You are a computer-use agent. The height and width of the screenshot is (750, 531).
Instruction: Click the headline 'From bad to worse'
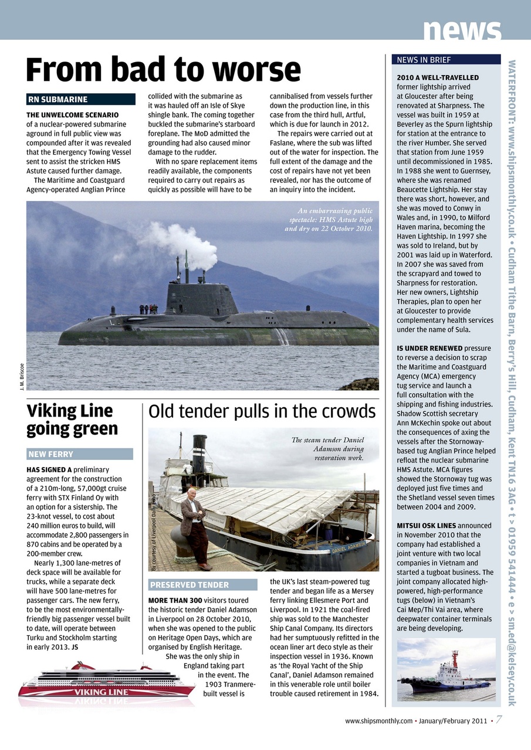point(163,70)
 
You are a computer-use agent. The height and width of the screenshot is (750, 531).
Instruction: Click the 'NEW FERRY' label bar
point(80,454)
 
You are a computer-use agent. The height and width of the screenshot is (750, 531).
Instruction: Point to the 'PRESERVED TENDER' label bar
point(202,585)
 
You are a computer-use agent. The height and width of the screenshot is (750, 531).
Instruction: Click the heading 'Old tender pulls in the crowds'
point(262,412)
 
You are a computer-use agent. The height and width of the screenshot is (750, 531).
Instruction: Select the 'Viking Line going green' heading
point(72,420)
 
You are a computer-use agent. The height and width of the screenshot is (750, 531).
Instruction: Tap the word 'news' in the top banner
point(462,29)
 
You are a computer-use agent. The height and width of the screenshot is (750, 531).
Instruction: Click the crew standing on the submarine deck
point(148,309)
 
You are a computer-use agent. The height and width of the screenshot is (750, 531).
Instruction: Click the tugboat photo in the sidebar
point(446,669)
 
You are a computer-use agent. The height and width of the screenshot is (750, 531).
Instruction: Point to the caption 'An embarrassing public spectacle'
point(322,219)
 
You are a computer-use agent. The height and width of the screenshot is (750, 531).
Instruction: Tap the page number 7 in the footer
point(498,720)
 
